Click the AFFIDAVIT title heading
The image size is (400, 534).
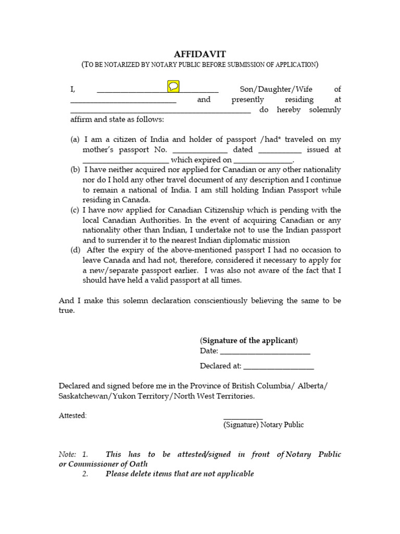tap(199, 54)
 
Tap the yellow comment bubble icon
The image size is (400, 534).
tap(173, 86)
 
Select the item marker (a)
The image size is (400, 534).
tap(76, 139)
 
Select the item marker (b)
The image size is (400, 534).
tap(76, 169)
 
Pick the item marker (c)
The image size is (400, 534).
tap(76, 210)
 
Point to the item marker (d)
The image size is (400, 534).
tap(76, 250)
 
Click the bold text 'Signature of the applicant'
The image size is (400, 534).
tap(248, 341)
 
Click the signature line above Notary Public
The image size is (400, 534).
tap(243, 418)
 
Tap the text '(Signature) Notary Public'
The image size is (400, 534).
tap(264, 424)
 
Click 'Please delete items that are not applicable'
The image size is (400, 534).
tap(180, 474)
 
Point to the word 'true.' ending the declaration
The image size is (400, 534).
tap(67, 310)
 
